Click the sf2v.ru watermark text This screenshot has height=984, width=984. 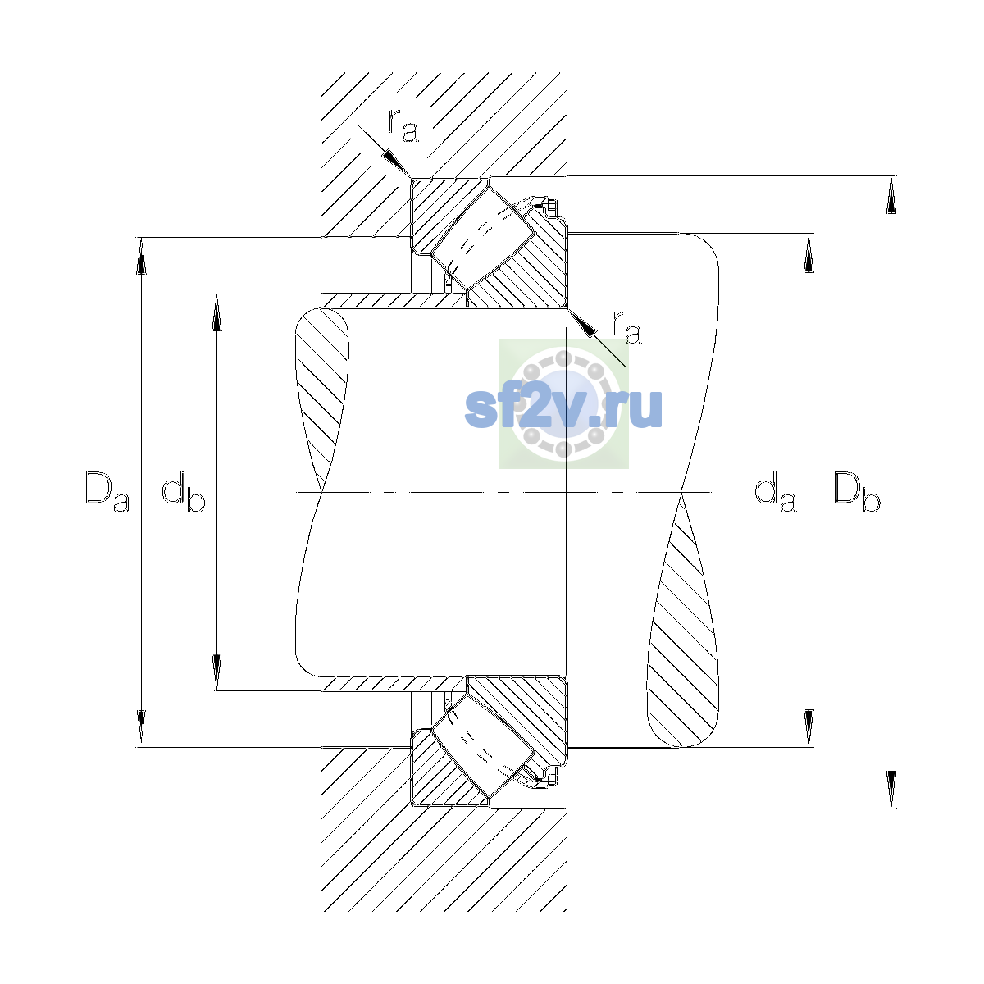[x=563, y=409]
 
